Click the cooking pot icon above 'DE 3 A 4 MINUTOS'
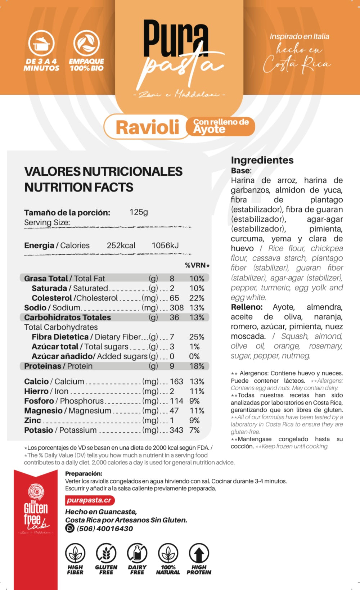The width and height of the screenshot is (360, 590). (41, 44)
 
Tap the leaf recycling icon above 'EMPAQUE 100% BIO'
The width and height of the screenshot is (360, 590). (86, 44)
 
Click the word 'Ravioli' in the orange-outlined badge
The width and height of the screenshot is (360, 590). (147, 127)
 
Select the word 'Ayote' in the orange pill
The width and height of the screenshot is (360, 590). (209, 130)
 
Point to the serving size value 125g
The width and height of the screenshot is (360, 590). (139, 212)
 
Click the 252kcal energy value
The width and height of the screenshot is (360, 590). (121, 246)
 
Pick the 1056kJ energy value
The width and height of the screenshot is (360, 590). (165, 246)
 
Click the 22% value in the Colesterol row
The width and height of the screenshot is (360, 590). (197, 298)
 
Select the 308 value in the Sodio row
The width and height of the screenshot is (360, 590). (177, 308)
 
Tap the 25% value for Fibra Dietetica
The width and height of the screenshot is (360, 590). (197, 337)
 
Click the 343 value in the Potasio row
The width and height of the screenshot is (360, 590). (176, 430)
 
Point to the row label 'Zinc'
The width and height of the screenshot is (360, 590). (33, 420)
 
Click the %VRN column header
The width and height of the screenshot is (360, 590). (197, 265)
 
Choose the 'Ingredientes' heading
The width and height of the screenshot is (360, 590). (262, 160)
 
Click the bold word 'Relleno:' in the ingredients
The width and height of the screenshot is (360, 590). (247, 307)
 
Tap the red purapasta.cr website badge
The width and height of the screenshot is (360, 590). (90, 500)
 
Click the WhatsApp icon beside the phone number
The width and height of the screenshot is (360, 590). (70, 528)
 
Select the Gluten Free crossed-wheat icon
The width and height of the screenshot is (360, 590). (106, 553)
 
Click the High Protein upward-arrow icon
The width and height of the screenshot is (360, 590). (199, 553)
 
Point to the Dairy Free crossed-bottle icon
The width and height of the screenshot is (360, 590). (137, 553)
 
